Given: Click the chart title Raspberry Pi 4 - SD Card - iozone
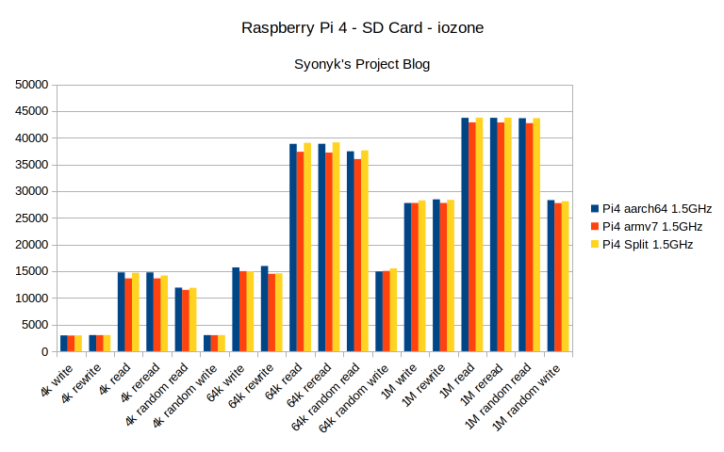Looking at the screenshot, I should pyautogui.click(x=363, y=27).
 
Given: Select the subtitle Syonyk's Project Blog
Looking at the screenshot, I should pyautogui.click(x=363, y=64).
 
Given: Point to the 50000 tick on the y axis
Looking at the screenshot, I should pyautogui.click(x=32, y=85).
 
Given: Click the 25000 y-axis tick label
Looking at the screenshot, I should pyautogui.click(x=32, y=218).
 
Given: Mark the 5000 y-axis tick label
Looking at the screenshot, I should pyautogui.click(x=35, y=325).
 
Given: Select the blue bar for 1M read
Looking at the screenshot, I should pyautogui.click(x=465, y=234).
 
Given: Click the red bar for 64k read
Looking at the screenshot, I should pyautogui.click(x=301, y=251).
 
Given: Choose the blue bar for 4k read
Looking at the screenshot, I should pyautogui.click(x=122, y=312).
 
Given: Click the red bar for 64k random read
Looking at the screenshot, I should pyautogui.click(x=357, y=255).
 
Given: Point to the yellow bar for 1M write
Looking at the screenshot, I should pyautogui.click(x=422, y=276).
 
